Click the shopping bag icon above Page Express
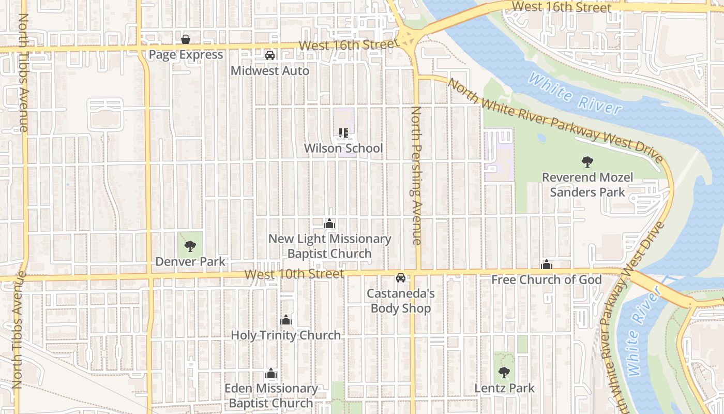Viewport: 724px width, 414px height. pos(185,39)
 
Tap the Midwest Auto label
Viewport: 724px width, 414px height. pos(270,71)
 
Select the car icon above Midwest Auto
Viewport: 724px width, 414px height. pos(270,55)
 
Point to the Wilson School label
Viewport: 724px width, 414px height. pos(343,149)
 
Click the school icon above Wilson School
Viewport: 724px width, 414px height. pos(343,134)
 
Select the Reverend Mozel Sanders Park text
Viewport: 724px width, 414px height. pos(587,185)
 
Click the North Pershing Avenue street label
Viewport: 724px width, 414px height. pos(416,176)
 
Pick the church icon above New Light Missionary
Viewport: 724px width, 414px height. pos(329,224)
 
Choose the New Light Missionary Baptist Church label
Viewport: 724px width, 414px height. pos(329,246)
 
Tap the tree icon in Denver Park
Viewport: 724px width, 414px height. pos(190,246)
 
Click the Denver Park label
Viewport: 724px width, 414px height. pos(190,262)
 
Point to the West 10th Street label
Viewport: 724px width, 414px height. pos(294,274)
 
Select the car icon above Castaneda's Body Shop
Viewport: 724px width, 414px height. pos(401,278)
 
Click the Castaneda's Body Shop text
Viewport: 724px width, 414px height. pos(401,301)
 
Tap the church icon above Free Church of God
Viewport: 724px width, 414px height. pos(547,265)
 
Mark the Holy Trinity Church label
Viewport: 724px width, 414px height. pos(285,335)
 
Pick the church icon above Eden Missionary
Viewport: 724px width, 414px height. pos(271,374)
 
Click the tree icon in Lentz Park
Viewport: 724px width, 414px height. pos(504,373)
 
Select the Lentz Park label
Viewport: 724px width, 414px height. pos(505,388)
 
